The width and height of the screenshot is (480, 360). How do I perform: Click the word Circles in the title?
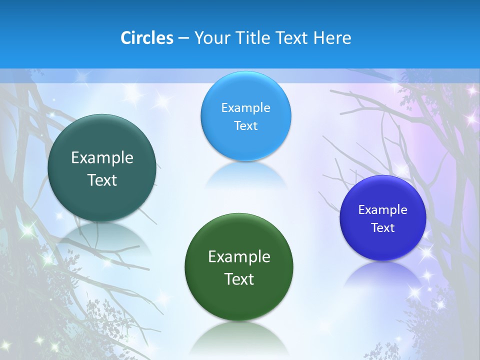click(x=147, y=38)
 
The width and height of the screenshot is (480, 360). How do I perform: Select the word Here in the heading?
click(x=332, y=38)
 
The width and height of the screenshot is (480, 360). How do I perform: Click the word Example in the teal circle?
click(x=102, y=158)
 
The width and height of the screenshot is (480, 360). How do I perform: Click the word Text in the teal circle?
click(x=102, y=180)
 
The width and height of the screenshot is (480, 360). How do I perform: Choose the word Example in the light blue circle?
click(x=245, y=108)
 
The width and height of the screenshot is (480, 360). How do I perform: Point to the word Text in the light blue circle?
click(x=245, y=125)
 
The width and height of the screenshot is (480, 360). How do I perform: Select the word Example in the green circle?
click(x=239, y=257)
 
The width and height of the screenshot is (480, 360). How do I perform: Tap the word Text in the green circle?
click(x=239, y=279)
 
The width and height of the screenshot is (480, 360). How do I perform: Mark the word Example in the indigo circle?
click(x=383, y=210)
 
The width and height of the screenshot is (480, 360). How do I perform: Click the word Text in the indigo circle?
click(x=383, y=228)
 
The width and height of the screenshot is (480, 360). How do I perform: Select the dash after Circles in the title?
click(x=183, y=38)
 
